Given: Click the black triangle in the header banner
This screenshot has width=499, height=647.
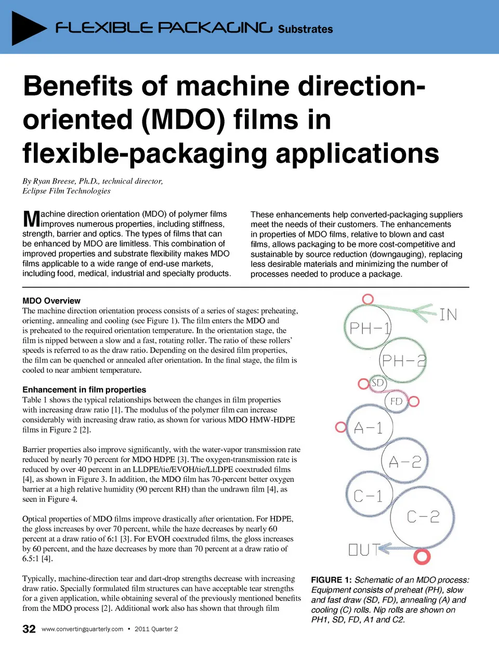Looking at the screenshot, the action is point(27,28).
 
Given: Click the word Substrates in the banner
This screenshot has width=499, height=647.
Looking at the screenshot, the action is point(305,29).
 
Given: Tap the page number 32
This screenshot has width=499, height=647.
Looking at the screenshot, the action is point(29,629).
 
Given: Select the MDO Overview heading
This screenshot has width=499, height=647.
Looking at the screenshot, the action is point(51,301).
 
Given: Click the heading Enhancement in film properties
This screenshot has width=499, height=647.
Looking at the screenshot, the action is point(84,390).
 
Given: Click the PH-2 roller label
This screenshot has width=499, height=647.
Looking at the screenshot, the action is point(404,361).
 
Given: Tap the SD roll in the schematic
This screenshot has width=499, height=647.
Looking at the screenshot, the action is point(377,383).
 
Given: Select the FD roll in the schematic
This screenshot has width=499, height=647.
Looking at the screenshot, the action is point(396,402).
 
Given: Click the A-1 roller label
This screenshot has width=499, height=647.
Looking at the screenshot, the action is point(368,428).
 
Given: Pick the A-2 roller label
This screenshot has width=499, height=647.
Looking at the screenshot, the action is point(405,462).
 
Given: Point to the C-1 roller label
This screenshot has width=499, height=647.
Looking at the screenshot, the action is point(368,496).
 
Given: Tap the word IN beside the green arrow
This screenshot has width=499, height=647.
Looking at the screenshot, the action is point(449,315).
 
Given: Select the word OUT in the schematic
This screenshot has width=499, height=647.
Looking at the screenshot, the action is point(363,550).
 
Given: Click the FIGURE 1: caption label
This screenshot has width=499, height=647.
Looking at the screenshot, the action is point(331,580).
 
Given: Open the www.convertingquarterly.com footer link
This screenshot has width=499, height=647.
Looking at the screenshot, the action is point(82,629).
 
